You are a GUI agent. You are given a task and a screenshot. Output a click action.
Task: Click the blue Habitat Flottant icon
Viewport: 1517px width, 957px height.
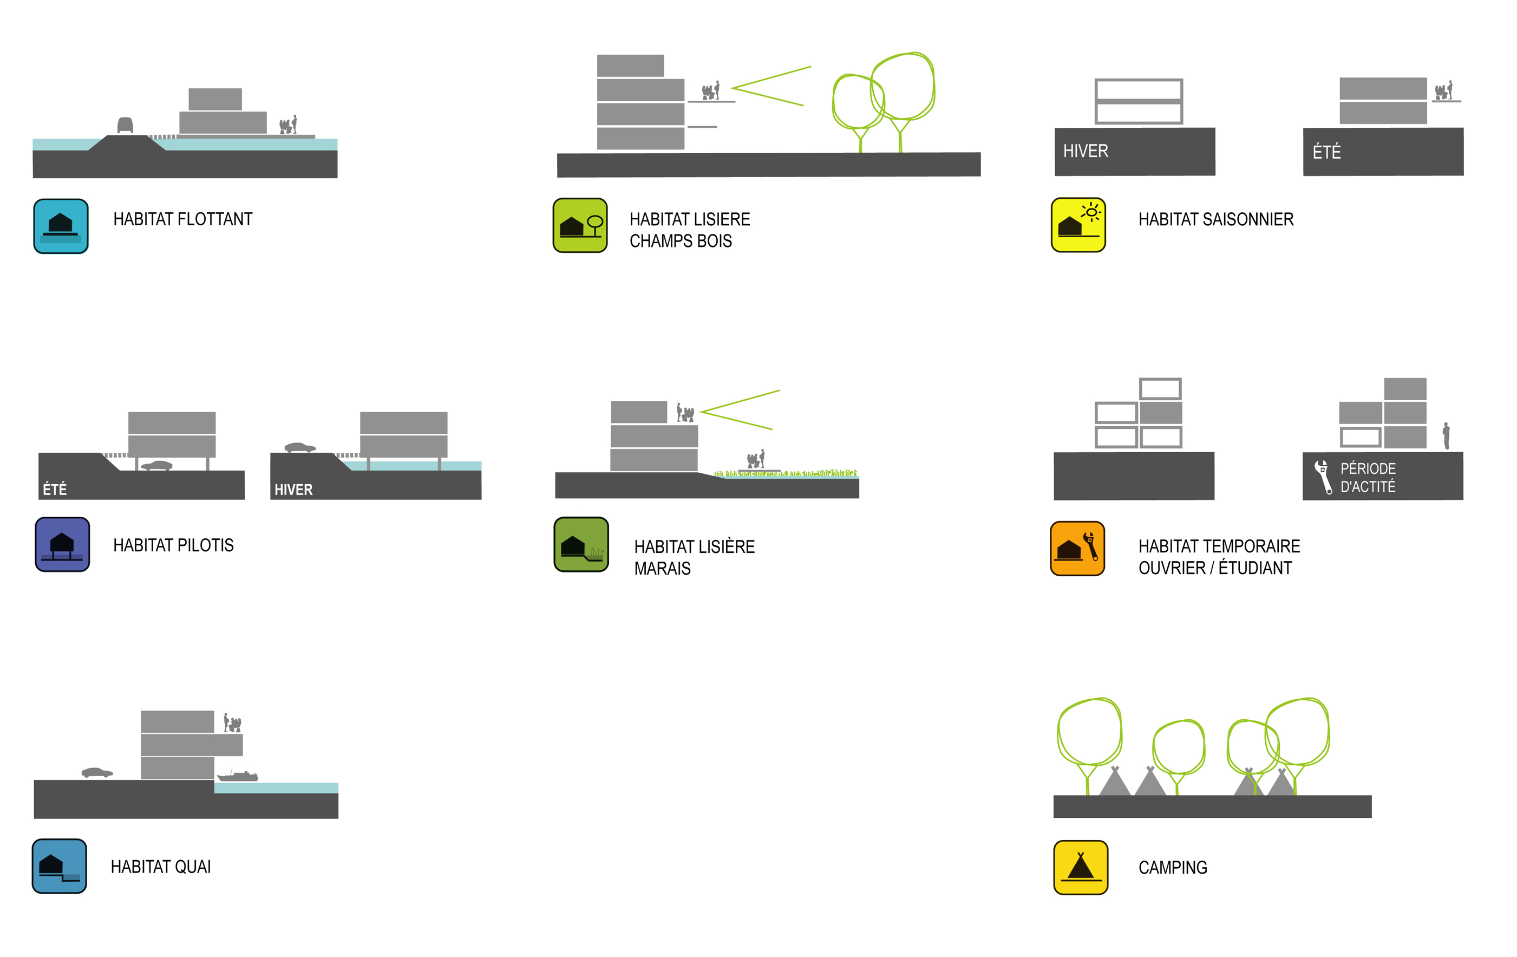click(x=61, y=226)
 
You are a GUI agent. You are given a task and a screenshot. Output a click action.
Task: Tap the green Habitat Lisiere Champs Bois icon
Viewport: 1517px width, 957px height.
click(x=580, y=225)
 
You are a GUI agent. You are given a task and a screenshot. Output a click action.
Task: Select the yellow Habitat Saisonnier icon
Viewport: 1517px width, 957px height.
click(x=1078, y=225)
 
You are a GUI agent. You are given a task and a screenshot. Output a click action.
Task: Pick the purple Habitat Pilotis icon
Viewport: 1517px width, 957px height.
click(x=62, y=544)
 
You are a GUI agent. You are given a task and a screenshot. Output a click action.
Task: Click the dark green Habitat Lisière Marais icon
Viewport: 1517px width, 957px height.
click(x=581, y=544)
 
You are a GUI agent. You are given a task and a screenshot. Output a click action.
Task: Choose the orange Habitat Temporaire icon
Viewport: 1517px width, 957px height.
click(x=1077, y=548)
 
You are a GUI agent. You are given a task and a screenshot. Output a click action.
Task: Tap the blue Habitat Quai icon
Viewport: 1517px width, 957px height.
click(x=59, y=865)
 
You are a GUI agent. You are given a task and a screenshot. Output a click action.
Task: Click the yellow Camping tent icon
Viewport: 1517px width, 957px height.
click(x=1081, y=867)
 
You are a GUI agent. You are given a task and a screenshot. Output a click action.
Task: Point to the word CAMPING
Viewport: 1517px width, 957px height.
click(x=1172, y=868)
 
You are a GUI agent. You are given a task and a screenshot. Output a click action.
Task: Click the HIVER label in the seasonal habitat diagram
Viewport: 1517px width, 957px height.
click(x=1085, y=151)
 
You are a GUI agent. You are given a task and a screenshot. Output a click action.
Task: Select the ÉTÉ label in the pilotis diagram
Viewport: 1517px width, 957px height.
click(x=55, y=490)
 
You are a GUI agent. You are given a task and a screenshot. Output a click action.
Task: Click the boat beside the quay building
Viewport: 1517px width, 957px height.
click(x=238, y=775)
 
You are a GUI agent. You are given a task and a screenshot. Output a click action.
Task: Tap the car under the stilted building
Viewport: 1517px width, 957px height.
click(x=157, y=466)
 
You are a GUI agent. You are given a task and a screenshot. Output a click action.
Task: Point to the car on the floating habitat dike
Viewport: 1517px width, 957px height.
click(x=126, y=125)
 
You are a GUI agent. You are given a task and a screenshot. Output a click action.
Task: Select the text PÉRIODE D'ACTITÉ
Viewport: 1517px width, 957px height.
click(x=1368, y=478)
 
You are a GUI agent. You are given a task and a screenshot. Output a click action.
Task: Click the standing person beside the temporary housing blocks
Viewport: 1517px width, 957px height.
click(x=1446, y=435)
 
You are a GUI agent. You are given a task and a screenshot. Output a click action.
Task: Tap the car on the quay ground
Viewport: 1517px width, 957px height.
click(x=97, y=772)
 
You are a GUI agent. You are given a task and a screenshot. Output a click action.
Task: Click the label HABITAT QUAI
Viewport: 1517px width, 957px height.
click(x=161, y=867)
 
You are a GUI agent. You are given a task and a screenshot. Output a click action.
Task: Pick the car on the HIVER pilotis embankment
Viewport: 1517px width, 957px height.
click(x=300, y=447)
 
